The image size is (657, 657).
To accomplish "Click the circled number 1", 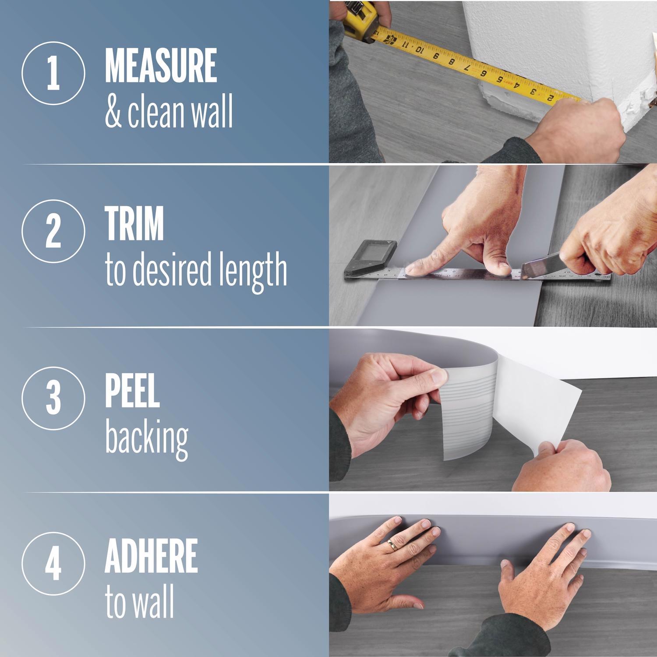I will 53,73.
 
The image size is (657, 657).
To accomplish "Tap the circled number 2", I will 53,231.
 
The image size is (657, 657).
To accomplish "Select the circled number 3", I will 53,397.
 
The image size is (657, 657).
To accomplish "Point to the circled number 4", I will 53,563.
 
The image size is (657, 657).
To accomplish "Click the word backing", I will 146,439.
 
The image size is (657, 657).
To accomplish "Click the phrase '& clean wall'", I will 169,113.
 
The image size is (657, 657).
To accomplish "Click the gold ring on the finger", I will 392,544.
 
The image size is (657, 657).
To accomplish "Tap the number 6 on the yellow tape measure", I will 484,73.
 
